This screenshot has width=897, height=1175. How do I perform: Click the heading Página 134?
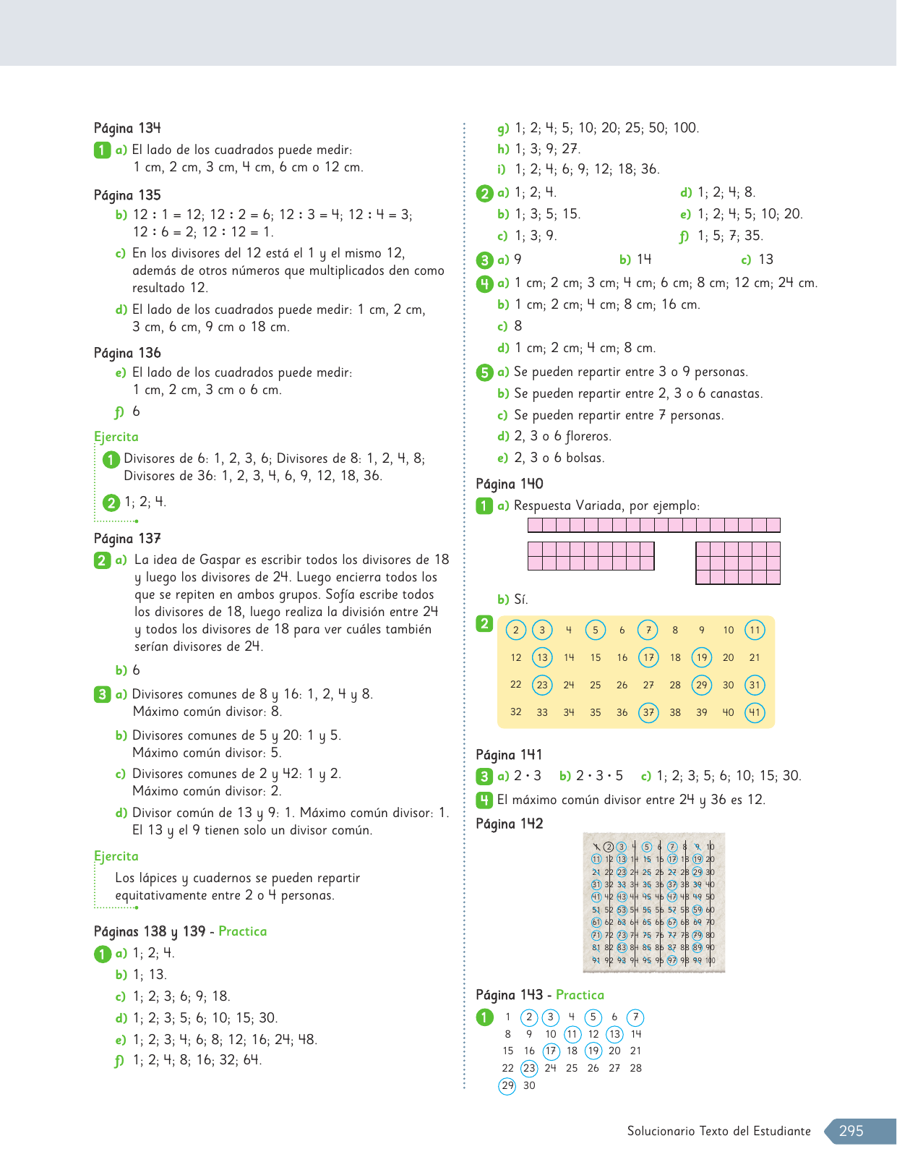point(127,129)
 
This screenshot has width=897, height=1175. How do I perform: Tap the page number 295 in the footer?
point(851,1131)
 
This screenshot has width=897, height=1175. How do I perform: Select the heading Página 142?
point(509,824)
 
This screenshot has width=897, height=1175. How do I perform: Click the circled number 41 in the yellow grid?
point(755,712)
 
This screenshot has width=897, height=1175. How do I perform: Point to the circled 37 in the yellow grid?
point(648,712)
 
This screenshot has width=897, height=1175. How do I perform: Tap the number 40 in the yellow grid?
point(728,712)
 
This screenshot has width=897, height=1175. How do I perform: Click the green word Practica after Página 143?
point(580,995)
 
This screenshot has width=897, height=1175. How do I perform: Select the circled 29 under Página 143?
point(507,1085)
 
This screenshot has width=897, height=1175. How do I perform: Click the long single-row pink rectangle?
point(654,525)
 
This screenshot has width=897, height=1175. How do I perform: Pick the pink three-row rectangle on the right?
point(738,563)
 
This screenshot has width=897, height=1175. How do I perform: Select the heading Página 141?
point(509,755)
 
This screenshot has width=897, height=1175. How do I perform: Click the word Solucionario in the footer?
point(659,1131)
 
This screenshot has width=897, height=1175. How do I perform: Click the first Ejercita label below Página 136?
point(116,437)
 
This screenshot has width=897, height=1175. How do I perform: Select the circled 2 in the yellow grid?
point(515,630)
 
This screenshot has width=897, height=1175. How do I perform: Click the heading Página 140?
point(510,484)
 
